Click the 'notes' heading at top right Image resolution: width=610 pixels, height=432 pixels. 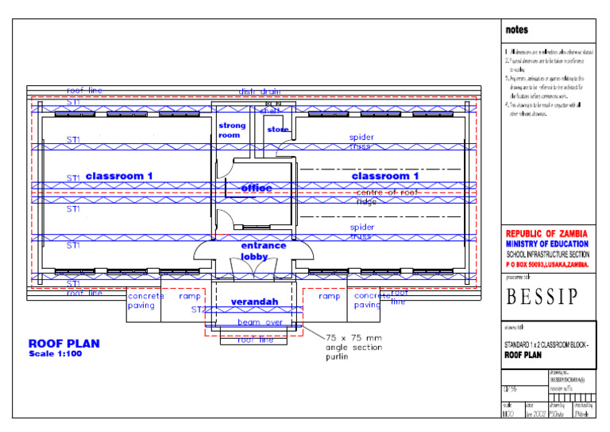point(516,29)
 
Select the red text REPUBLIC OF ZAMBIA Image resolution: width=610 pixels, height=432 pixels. point(547,234)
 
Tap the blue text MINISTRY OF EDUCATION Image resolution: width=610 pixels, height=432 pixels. point(547,243)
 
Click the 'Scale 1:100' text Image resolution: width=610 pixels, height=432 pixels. point(55,353)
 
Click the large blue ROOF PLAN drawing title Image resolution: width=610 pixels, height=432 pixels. point(64,344)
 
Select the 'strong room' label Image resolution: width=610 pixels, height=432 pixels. point(232,130)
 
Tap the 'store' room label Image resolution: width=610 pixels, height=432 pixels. point(278,130)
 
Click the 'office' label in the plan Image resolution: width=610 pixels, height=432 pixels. point(257,189)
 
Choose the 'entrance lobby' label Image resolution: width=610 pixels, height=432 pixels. point(264,251)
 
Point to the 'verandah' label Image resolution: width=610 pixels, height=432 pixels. point(254,302)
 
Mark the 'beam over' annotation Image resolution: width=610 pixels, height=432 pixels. point(260,322)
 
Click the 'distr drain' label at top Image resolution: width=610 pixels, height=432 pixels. point(260,91)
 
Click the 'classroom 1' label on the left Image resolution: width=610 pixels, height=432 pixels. point(119,176)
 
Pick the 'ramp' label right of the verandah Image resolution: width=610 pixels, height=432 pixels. point(329,296)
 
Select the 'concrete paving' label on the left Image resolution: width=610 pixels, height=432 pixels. point(146,301)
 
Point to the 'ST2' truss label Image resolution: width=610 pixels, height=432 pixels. point(198,309)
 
